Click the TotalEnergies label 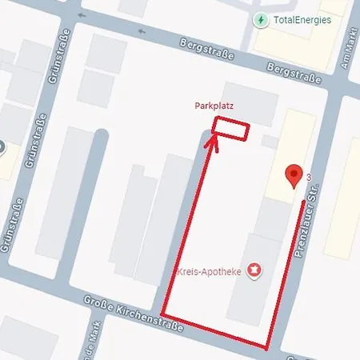302,20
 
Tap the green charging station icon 261,20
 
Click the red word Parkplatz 214,106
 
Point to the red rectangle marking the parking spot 230,129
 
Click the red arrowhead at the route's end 212,142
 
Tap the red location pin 294,175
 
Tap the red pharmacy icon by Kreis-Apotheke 255,271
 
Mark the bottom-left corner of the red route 163,313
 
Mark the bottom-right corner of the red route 267,347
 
